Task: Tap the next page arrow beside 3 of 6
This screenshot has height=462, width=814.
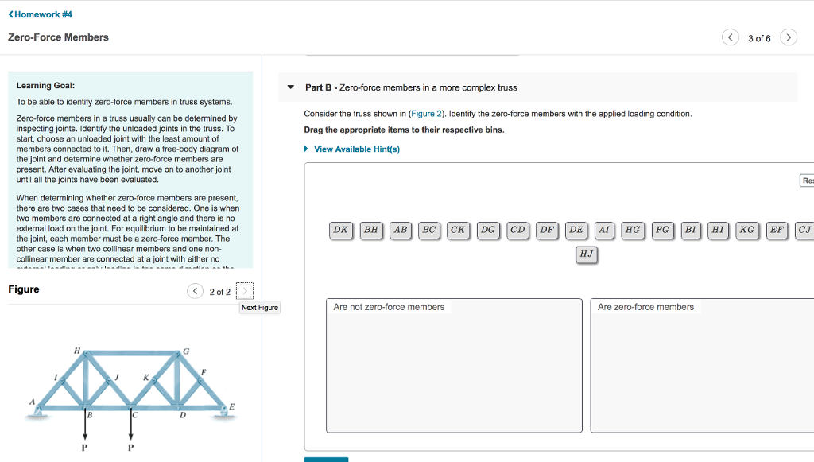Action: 788,37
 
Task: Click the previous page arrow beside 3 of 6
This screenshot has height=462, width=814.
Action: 730,37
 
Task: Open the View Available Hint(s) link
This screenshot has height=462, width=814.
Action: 356,149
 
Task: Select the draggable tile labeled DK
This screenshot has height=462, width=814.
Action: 340,230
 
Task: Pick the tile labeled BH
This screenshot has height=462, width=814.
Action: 370,230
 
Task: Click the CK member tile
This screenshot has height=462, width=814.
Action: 458,230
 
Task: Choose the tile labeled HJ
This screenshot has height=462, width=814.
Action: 586,254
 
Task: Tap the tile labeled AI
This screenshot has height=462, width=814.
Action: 604,230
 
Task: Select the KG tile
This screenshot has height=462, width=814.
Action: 746,230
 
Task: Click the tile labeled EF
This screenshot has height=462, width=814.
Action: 776,230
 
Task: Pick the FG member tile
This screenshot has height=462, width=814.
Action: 661,230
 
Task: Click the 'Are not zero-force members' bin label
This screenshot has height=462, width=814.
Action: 389,307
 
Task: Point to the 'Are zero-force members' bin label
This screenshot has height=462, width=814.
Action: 645,307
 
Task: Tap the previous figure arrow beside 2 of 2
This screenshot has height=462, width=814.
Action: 195,291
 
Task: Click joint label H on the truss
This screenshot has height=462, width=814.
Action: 76,350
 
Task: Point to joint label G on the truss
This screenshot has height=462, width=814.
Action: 186,351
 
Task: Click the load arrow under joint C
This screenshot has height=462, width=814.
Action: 131,429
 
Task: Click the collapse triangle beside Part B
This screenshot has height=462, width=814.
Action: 291,87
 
